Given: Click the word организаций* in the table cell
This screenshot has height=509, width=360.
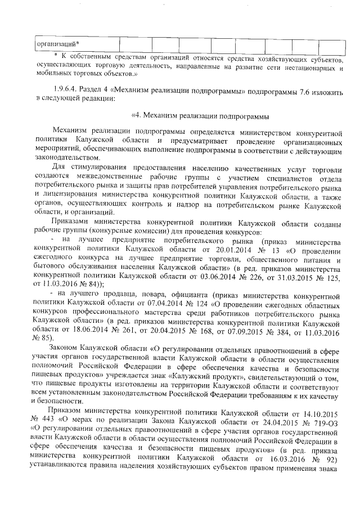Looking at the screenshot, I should [x=58, y=44].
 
